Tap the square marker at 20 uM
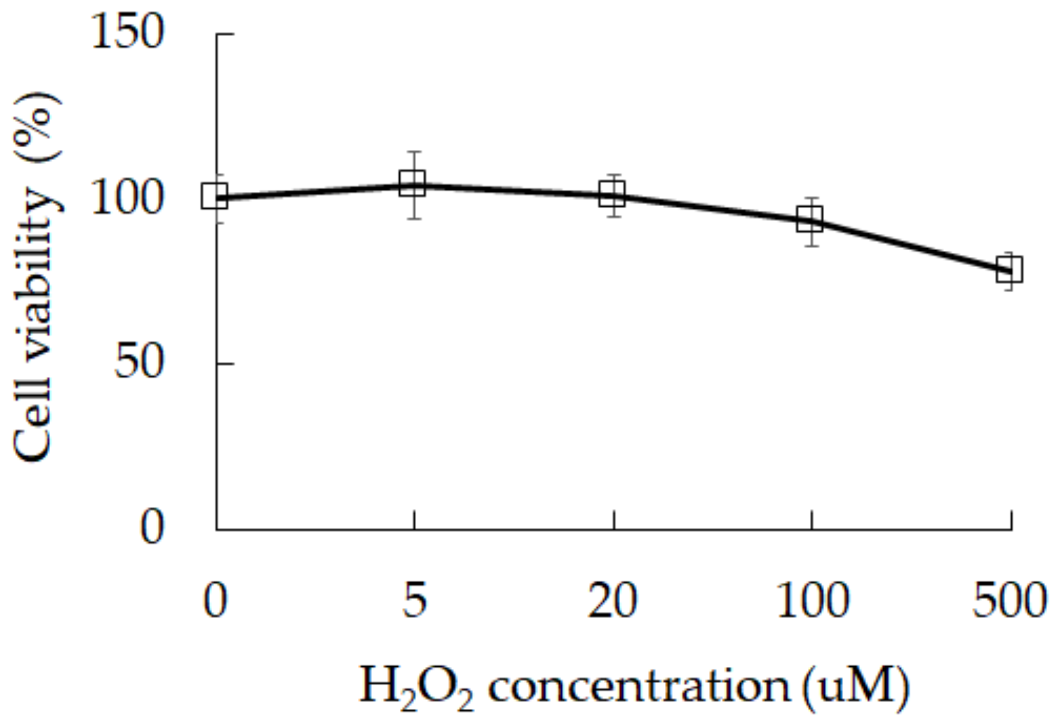pyautogui.click(x=612, y=194)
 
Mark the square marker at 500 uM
pyautogui.click(x=1009, y=270)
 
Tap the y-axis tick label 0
pyautogui.click(x=152, y=527)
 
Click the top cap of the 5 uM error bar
pyautogui.click(x=415, y=152)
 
